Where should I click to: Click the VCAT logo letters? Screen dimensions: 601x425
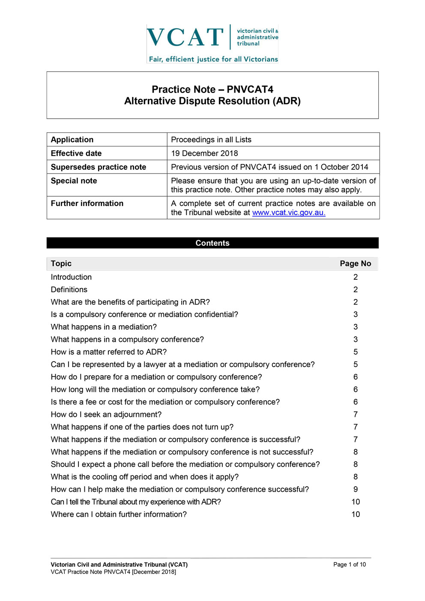coord(185,37)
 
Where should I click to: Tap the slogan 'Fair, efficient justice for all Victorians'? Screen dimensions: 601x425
coord(213,59)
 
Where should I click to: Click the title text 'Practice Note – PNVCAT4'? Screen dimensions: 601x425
coord(212,89)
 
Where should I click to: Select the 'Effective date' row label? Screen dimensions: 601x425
coord(76,153)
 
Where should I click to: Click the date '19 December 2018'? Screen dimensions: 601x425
coord(204,153)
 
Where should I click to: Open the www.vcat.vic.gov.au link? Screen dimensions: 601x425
coord(289,212)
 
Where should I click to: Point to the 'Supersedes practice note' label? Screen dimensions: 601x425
coord(99,167)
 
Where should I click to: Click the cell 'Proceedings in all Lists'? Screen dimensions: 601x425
coord(211,140)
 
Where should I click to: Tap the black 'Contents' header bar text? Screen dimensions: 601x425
coord(212,243)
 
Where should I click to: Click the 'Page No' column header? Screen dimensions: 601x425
coord(355,263)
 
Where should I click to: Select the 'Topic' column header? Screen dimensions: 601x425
coord(61,263)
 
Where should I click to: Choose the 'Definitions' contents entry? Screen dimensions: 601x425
coord(69,290)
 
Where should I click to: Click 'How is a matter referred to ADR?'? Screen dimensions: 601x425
coord(109,352)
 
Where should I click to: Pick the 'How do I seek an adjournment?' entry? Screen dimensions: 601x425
coord(106,414)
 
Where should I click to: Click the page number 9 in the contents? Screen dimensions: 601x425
coord(356,489)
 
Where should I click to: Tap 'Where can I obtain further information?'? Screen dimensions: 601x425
coord(119,514)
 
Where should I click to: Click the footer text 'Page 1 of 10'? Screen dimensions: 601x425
coord(350,565)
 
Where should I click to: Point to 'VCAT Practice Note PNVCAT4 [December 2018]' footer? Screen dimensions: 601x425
coord(114,572)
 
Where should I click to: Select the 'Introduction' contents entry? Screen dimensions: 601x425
coord(71,277)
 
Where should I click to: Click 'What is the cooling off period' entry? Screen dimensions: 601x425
coord(145,477)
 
